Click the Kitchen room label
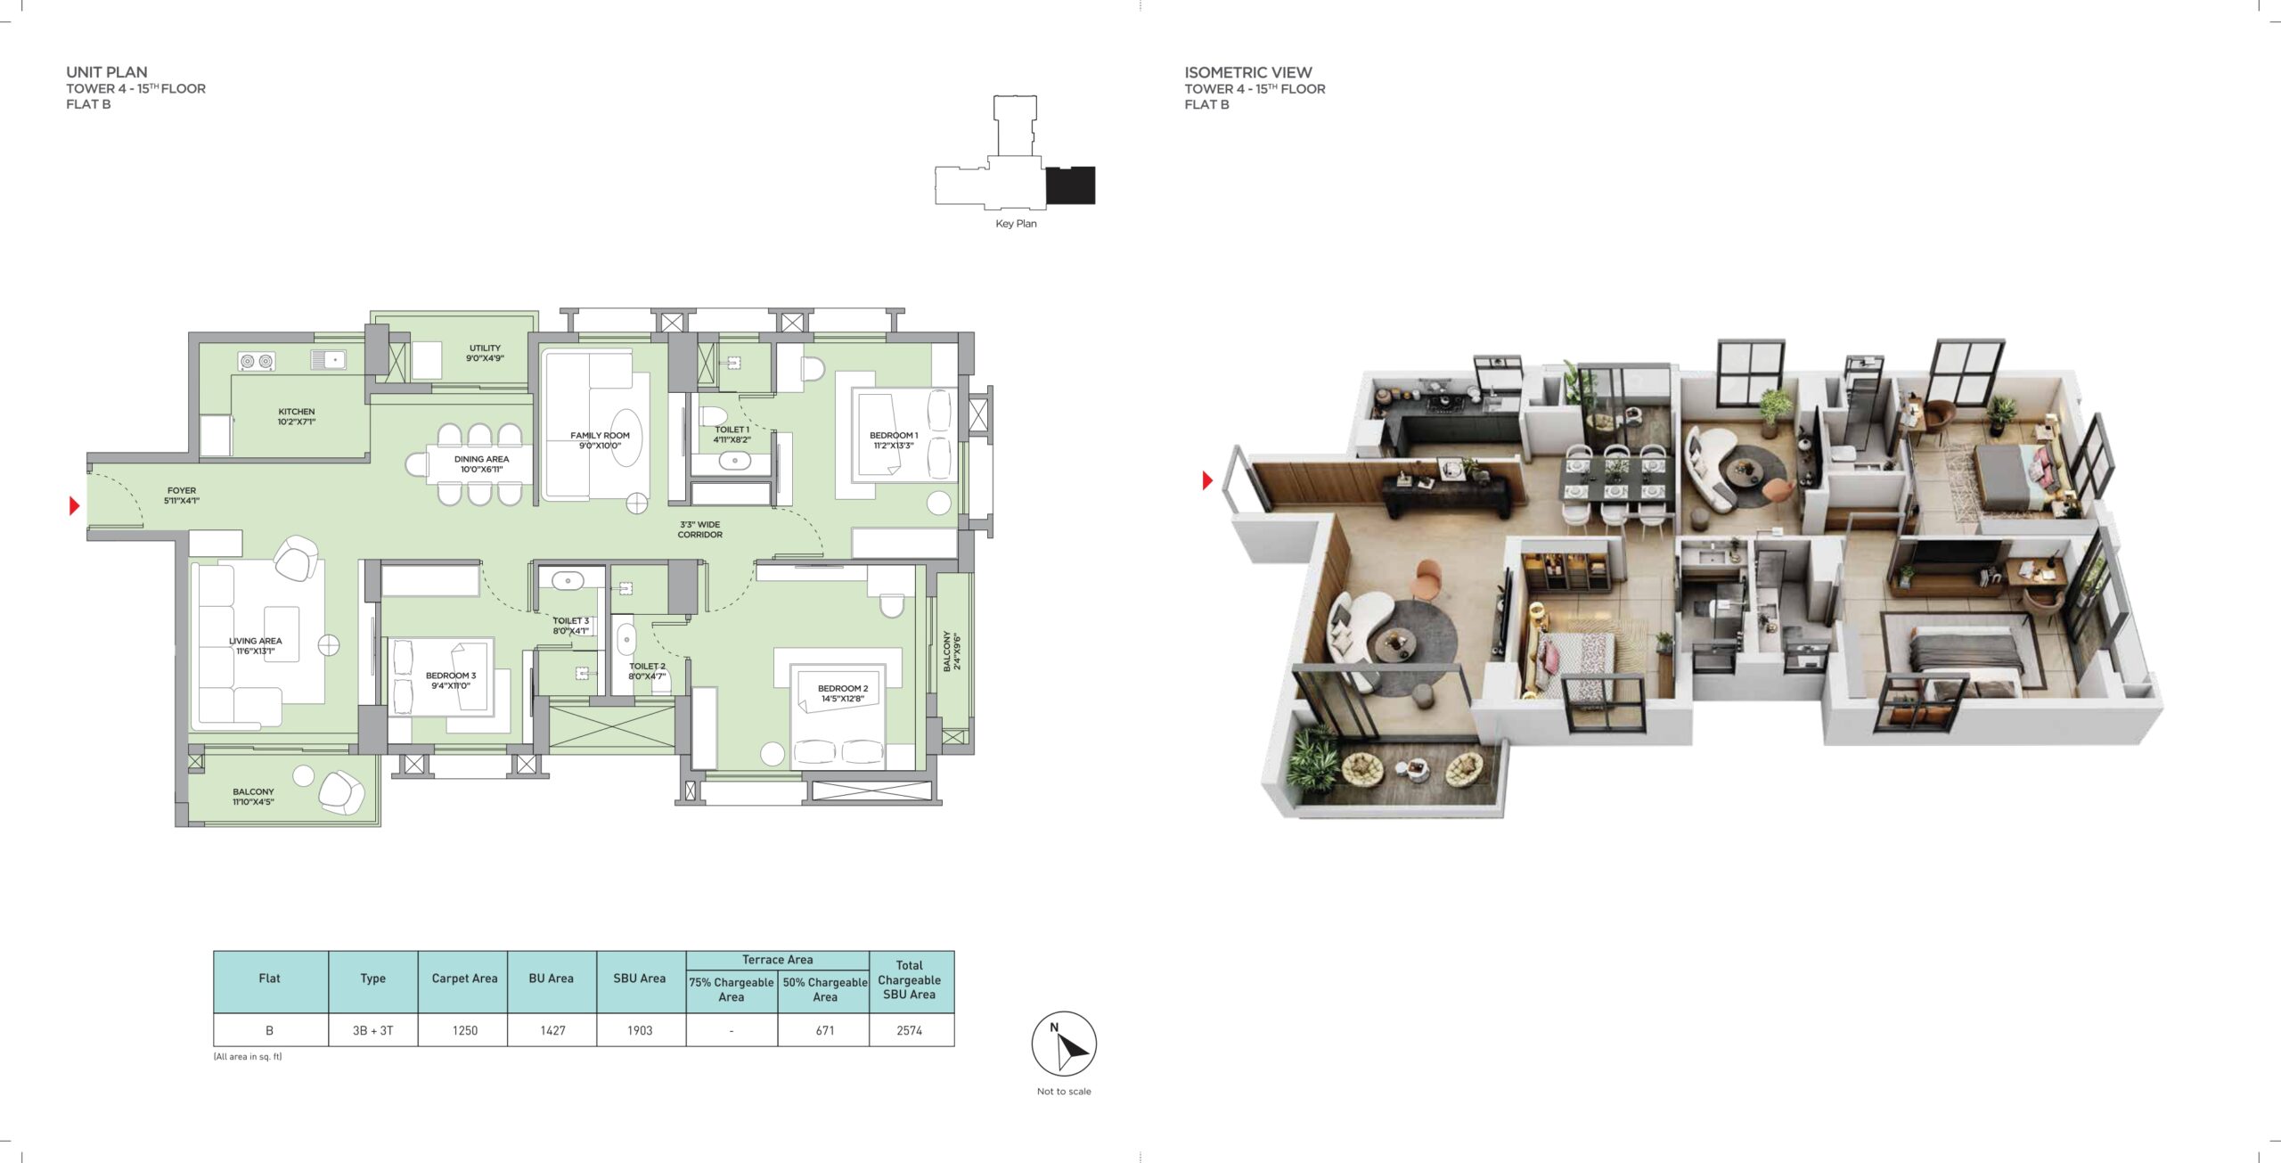[297, 416]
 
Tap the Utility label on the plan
[485, 353]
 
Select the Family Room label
[600, 440]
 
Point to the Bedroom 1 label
[893, 440]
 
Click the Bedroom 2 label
[842, 693]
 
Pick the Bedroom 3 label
[451, 680]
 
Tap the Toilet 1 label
[732, 434]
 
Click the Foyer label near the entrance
[182, 496]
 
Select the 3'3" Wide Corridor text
[699, 529]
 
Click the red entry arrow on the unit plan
[75, 506]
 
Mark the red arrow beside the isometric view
[1207, 480]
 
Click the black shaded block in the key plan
[1070, 185]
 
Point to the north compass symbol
[1064, 1044]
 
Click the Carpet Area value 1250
[464, 1030]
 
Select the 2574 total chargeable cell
[909, 1030]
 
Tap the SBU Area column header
[639, 979]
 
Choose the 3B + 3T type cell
[372, 1030]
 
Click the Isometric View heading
[1247, 72]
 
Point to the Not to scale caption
[1064, 1091]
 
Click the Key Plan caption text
[1016, 224]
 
